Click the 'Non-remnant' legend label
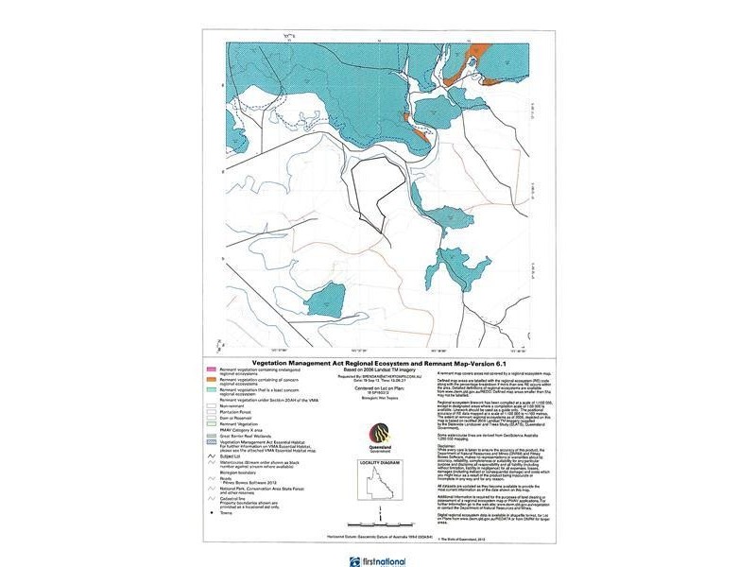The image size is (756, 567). [x=236, y=408]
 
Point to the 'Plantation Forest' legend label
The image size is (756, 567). [x=240, y=414]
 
